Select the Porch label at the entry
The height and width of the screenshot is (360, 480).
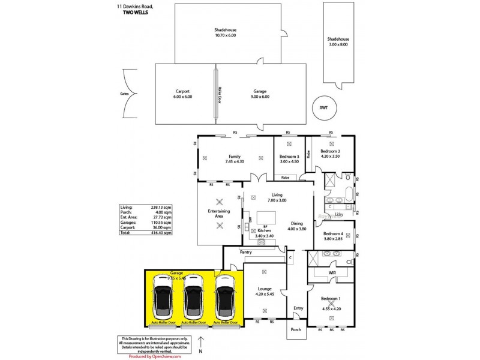point(295,329)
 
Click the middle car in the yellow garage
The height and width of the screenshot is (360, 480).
point(193,297)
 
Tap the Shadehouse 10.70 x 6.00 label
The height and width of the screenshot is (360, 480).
point(226,32)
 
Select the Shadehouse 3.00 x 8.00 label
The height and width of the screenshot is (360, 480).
point(338,41)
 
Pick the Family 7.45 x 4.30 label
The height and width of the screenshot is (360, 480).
point(234,159)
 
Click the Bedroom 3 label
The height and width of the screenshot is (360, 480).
point(289,159)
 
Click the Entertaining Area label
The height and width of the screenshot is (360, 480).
point(219,214)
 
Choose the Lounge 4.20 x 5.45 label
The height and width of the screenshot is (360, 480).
point(265,291)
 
